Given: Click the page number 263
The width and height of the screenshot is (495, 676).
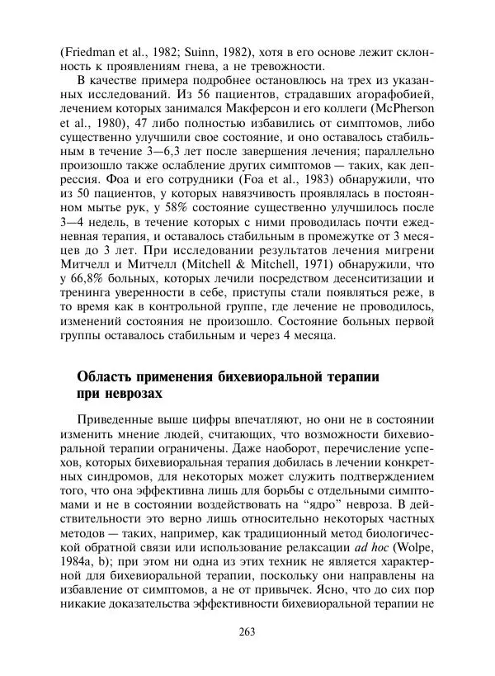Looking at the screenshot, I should (x=247, y=632).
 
